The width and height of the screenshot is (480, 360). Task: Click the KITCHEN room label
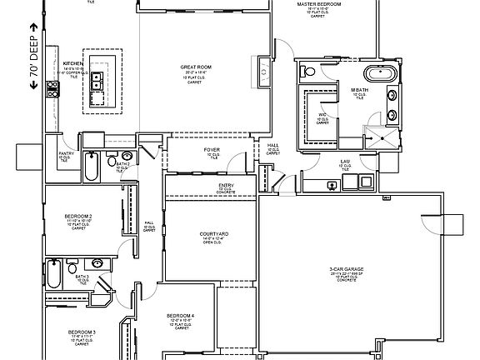[72, 62]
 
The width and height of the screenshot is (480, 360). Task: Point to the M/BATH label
[358, 90]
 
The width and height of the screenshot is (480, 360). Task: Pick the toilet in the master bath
[311, 73]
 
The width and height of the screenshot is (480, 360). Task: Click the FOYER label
[212, 150]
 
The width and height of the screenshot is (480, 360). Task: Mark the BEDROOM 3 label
[83, 332]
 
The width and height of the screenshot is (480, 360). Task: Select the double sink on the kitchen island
[97, 80]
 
